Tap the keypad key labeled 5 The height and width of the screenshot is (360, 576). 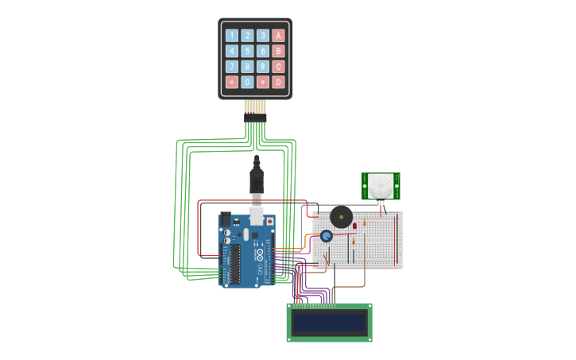coord(247,51)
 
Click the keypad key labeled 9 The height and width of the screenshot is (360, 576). coord(262,67)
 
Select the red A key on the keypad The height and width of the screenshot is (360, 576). coord(278,35)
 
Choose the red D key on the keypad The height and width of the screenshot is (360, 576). coord(278,82)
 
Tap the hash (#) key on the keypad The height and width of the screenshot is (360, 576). coord(262,82)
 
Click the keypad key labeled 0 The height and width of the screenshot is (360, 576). coord(247,82)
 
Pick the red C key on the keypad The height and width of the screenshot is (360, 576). coord(278,67)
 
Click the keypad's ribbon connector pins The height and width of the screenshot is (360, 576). coord(255,111)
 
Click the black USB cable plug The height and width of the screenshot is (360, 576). coord(257,180)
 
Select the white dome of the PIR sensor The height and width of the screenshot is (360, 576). coord(381,187)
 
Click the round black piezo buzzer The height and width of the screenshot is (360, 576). coord(342,216)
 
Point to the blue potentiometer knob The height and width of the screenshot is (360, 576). coord(326,236)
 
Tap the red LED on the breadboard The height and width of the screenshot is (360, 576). coord(354,226)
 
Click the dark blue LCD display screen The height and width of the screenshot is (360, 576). coord(329,323)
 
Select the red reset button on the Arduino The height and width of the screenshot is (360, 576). coord(269,222)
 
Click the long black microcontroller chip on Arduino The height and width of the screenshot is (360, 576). coord(235,263)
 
